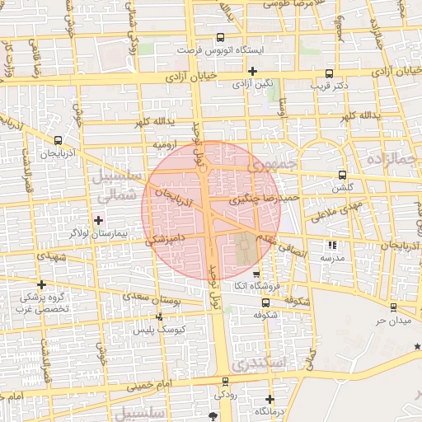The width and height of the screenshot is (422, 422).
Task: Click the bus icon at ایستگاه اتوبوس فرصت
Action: click(x=219, y=38)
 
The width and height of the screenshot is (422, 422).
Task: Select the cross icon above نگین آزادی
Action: click(x=251, y=71)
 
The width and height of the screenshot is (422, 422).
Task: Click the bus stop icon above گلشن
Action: click(x=343, y=175)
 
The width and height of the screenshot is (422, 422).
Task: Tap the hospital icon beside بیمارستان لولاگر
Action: click(x=99, y=219)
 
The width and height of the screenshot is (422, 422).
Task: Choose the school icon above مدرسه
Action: click(x=332, y=245)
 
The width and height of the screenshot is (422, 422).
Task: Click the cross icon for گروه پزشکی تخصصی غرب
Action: click(x=41, y=284)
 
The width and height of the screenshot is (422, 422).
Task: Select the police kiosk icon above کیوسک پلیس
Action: click(x=159, y=316)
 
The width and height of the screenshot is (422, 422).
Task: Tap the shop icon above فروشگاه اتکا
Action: click(x=256, y=274)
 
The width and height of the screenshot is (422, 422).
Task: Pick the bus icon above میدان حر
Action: click(x=393, y=307)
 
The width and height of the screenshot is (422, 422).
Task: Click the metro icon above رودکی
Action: click(x=225, y=382)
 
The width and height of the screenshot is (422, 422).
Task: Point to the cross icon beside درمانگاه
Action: click(x=270, y=400)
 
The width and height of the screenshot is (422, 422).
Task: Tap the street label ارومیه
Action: click(x=165, y=144)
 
